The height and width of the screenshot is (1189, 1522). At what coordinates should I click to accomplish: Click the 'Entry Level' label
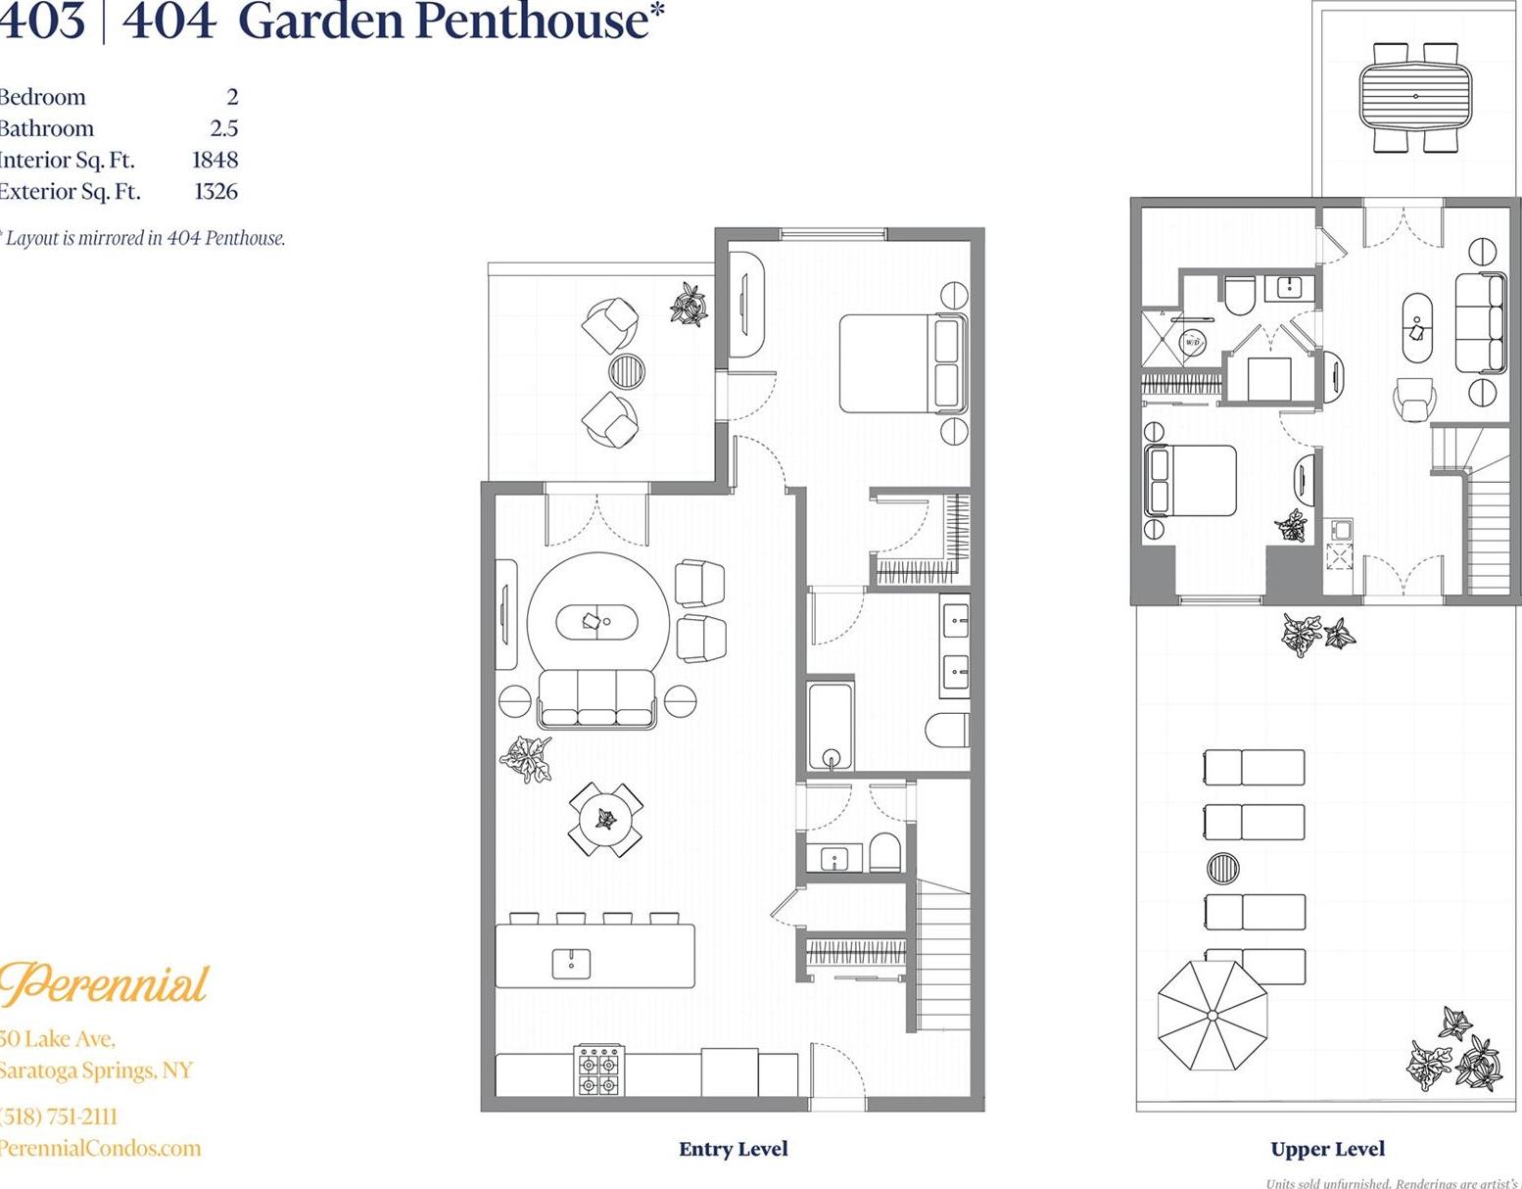tap(733, 1149)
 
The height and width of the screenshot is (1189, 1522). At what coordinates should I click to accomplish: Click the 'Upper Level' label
tap(1327, 1149)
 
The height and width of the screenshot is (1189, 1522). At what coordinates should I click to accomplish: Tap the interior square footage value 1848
tap(214, 160)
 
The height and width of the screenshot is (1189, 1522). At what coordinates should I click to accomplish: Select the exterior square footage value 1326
tap(215, 191)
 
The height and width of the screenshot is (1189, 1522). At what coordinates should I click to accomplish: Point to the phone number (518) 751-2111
tap(59, 1117)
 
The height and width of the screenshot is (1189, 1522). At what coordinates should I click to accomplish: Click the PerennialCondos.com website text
tap(100, 1148)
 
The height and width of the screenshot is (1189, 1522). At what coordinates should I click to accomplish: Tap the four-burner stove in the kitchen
tap(598, 1070)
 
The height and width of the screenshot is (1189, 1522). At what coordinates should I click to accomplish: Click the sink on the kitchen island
tap(571, 963)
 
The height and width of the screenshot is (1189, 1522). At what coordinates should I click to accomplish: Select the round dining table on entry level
tap(606, 819)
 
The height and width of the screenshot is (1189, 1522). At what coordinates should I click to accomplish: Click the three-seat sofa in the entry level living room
tap(596, 697)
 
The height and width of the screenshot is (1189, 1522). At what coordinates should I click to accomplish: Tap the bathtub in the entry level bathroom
tap(831, 727)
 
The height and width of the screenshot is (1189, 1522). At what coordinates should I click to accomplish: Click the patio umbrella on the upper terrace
tap(1213, 1017)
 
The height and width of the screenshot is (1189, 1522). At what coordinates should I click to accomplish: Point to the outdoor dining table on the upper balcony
tap(1415, 96)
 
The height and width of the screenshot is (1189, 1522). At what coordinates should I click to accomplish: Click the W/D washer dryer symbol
tap(1192, 343)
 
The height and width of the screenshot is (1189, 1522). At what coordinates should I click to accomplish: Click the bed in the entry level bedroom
tap(901, 362)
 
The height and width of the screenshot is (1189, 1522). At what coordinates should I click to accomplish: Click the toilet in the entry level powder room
tap(885, 852)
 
